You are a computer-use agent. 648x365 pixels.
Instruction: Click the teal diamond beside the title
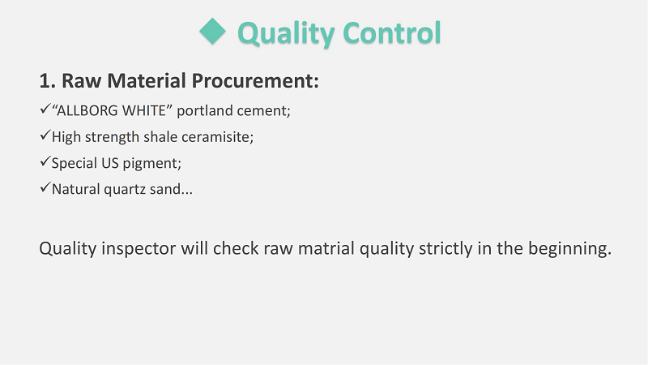(x=212, y=32)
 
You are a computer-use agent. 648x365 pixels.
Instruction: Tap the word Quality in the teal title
(x=286, y=33)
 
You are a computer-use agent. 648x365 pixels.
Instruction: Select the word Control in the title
(x=392, y=32)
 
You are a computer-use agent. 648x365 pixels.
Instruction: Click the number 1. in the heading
(x=48, y=80)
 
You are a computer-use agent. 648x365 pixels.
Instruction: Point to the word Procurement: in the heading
(x=255, y=80)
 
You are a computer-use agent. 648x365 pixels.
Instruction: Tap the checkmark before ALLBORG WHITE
(x=45, y=109)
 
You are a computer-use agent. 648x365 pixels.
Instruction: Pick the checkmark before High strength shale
(x=45, y=135)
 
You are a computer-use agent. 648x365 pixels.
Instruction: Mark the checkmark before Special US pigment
(x=45, y=161)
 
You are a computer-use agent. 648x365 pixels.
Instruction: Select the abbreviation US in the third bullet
(x=110, y=163)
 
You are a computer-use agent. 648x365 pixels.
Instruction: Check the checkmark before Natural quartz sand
(x=45, y=187)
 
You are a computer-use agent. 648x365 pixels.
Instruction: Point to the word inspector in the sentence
(x=139, y=249)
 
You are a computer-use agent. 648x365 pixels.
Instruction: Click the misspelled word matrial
(x=326, y=248)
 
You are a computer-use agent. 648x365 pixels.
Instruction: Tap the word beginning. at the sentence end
(x=570, y=249)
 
